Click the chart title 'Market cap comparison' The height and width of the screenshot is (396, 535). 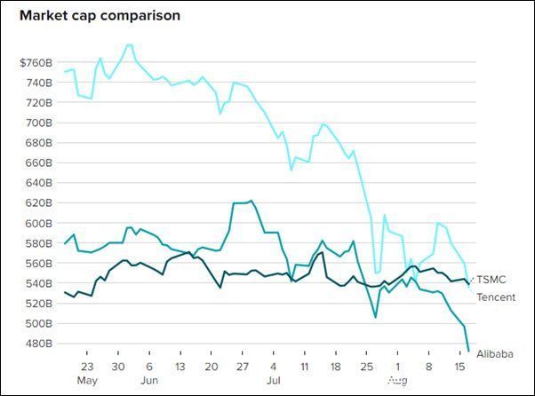pos(100,16)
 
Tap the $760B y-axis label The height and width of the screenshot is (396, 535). pos(36,63)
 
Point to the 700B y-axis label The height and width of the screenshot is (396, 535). pos(39,123)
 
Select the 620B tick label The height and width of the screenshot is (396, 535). pos(39,203)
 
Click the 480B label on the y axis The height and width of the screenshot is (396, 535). pos(39,344)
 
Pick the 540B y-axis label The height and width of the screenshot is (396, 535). pos(39,283)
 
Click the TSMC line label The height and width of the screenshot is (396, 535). pos(491,280)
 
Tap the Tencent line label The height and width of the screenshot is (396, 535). pos(496,297)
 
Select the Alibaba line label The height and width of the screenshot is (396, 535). pos(495,354)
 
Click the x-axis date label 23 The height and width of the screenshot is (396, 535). pos(87,367)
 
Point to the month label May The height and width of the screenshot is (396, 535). pos(87,380)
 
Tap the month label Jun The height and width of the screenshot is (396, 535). pos(149,380)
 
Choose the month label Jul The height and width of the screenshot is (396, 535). pos(274,380)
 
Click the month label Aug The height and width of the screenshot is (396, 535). pos(398,380)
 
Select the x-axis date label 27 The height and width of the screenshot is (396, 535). pos(243,367)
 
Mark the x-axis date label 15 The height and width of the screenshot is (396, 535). pos(460,367)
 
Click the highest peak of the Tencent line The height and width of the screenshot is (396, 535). pos(130,44)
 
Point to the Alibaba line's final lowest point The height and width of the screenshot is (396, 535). pos(469,351)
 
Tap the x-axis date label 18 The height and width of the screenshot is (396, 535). pos(336,367)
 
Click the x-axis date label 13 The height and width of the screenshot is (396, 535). pos(180,367)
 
